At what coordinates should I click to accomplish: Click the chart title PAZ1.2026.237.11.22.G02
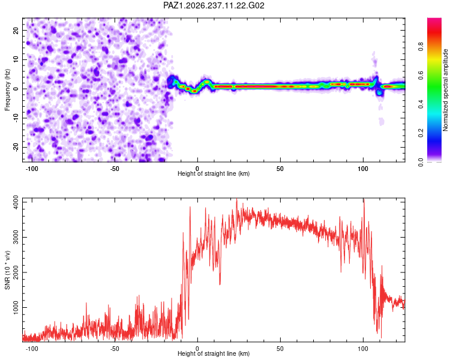[214, 5]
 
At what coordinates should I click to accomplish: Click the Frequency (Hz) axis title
[7, 90]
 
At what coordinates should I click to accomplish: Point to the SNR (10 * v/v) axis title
[7, 270]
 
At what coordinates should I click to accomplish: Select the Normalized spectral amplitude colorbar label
[445, 90]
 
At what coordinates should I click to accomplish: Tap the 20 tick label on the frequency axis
[16, 31]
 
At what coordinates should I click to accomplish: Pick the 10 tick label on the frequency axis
[16, 59]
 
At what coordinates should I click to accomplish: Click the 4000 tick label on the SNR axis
[16, 202]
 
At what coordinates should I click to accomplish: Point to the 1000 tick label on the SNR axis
[16, 307]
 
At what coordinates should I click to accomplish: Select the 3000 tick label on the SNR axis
[16, 238]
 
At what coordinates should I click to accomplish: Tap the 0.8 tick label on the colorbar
[421, 46]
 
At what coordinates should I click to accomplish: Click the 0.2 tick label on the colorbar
[421, 133]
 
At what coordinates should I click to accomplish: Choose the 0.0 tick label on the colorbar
[421, 162]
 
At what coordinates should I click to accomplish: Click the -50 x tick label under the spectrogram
[115, 169]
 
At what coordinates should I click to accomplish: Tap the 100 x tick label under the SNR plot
[363, 349]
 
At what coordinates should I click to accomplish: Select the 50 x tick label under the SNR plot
[280, 349]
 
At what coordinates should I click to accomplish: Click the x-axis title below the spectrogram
[214, 173]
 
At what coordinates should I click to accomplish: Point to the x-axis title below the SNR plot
[214, 353]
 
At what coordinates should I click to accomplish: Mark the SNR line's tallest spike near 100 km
[364, 200]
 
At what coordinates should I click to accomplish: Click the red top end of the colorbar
[434, 19]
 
